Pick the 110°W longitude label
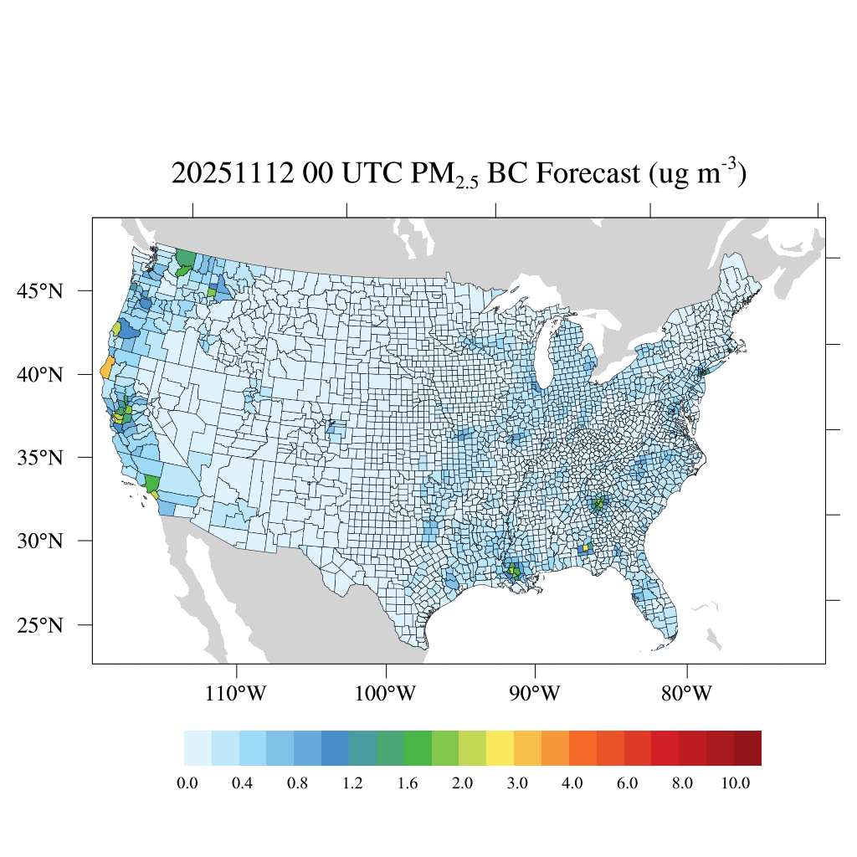(238, 694)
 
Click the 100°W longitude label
(386, 694)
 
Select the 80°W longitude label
(687, 694)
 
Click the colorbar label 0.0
(187, 783)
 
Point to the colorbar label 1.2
(352, 783)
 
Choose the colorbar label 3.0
(517, 783)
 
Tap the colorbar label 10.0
(737, 783)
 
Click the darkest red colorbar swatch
(747, 748)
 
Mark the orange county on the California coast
(106, 367)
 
